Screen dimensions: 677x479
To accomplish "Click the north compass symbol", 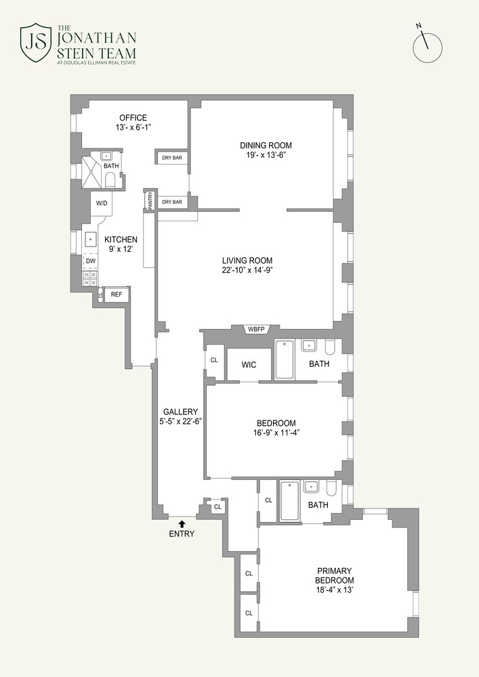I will click(x=428, y=47).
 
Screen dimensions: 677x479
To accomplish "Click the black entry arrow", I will click(x=182, y=523).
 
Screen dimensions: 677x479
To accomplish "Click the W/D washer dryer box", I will click(x=102, y=203).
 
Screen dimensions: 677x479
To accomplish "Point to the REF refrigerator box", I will click(x=117, y=294).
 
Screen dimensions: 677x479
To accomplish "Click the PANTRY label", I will click(x=150, y=200).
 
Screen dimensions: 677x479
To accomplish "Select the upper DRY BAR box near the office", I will click(x=172, y=158).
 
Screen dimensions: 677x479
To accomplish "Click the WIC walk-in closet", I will click(x=249, y=365).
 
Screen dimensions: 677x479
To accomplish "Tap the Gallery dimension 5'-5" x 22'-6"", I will click(x=180, y=420).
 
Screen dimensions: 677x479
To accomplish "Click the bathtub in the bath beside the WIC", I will click(x=284, y=359).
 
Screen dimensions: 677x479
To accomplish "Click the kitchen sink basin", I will click(x=90, y=240).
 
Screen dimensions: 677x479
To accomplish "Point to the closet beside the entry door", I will click(x=217, y=506).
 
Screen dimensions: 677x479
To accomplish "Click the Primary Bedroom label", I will click(x=334, y=575).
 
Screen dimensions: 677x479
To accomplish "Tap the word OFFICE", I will click(x=133, y=118).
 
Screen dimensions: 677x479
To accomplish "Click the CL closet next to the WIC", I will click(x=214, y=360).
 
